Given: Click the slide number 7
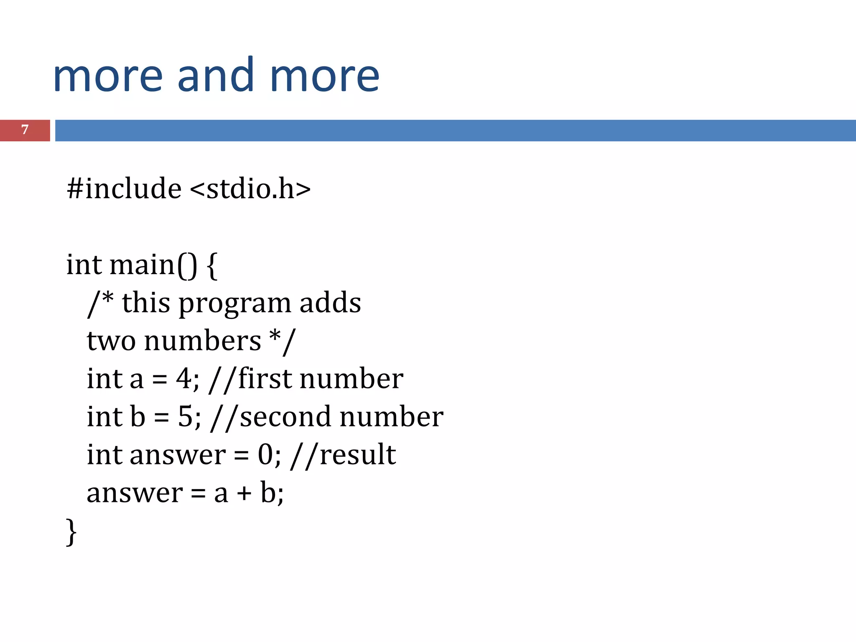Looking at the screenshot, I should pos(25,130).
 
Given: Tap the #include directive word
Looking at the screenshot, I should pos(124,189).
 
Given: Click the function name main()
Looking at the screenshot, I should pos(153,265).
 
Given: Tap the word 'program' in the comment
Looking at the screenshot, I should pos(234,304).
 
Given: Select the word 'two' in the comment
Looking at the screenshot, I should pos(111,341).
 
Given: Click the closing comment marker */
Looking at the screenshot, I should pos(283,341).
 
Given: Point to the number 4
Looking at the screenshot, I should pos(183,379).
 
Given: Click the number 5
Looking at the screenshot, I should pos(185,417).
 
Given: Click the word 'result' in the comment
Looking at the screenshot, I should pos(358,455).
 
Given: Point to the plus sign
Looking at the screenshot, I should pos(244,494).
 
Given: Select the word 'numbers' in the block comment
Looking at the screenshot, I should pos(203,341).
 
